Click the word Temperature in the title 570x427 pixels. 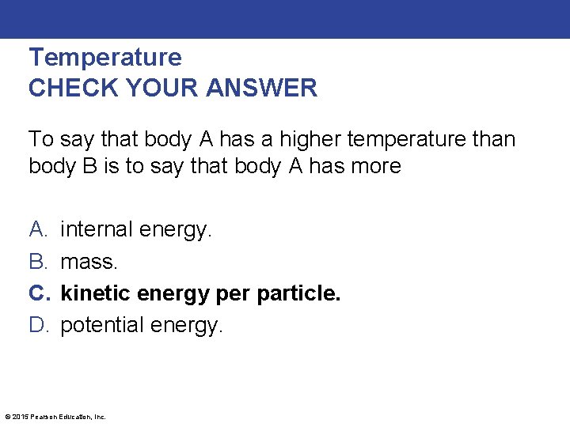point(104,57)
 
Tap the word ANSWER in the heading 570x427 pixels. point(262,88)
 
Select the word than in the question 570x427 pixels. point(495,140)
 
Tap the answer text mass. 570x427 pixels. point(90,262)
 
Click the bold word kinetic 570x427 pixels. point(95,293)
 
